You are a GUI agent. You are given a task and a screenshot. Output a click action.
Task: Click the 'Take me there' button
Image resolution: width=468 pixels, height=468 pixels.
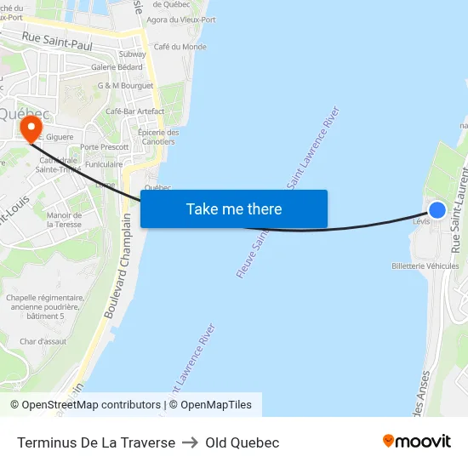(x=234, y=208)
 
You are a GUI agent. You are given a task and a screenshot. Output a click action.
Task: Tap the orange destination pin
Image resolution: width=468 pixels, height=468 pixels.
(x=31, y=128)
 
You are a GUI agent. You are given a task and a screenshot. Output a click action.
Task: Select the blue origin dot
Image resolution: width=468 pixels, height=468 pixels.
(x=437, y=209)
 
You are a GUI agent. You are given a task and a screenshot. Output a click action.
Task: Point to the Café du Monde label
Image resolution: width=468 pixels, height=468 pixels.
(x=180, y=47)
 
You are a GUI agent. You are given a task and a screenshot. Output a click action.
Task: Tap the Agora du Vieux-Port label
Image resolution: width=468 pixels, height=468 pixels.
(x=181, y=19)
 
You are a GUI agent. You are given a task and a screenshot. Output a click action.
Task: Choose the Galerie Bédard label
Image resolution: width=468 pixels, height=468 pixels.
(x=117, y=66)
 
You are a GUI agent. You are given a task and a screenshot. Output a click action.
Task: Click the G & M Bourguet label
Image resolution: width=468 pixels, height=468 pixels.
(x=126, y=85)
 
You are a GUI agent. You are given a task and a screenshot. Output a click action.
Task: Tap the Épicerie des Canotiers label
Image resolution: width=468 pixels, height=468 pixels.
(x=158, y=137)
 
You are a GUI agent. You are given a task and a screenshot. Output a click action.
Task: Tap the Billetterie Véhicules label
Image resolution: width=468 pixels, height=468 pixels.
(x=425, y=265)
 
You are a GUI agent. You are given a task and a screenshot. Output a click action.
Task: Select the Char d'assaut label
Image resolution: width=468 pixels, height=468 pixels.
(x=43, y=341)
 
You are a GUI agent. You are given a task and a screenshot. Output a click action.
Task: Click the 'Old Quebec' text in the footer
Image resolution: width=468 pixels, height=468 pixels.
(x=242, y=442)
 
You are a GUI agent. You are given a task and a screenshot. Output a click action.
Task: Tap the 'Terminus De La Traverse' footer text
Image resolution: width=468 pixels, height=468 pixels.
(x=96, y=442)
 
